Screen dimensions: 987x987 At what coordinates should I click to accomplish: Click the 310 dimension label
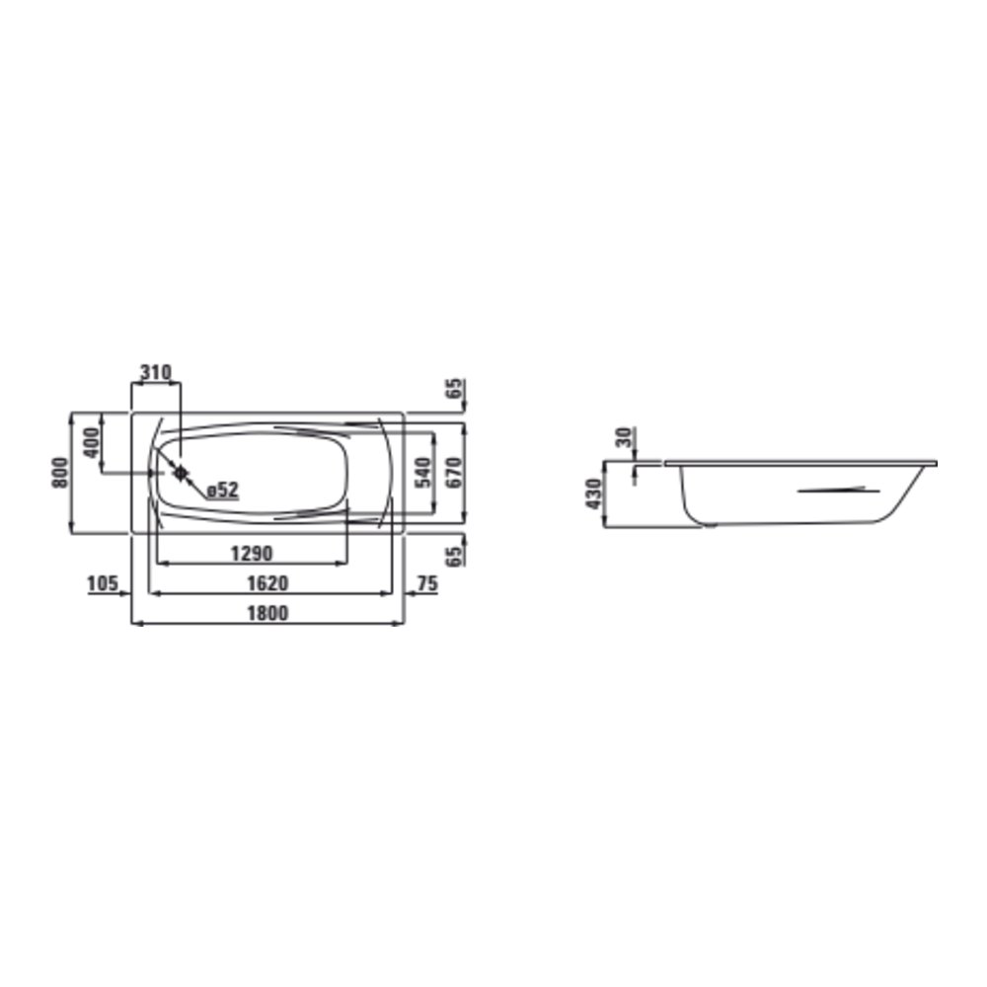pyautogui.click(x=155, y=373)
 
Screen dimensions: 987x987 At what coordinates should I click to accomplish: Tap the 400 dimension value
pyautogui.click(x=92, y=442)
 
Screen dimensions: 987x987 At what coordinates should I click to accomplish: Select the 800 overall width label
pyautogui.click(x=60, y=472)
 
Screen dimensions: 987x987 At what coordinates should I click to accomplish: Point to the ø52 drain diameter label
pyautogui.click(x=223, y=490)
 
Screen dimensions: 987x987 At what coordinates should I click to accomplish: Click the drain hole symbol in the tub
pyautogui.click(x=181, y=472)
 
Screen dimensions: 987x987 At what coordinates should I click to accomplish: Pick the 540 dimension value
pyautogui.click(x=423, y=472)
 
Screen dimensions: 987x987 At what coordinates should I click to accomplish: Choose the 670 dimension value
pyautogui.click(x=453, y=472)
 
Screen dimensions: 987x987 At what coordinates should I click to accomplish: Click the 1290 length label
pyautogui.click(x=251, y=554)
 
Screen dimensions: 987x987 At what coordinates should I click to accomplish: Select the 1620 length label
pyautogui.click(x=267, y=583)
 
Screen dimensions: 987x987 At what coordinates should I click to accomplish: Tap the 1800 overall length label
pyautogui.click(x=267, y=613)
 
